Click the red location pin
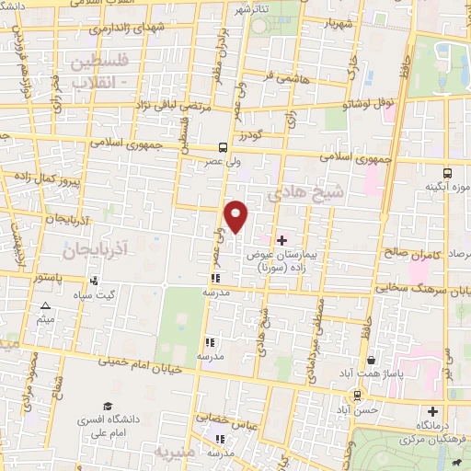(x=236, y=216)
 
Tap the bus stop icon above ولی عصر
(x=224, y=147)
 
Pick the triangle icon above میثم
(x=44, y=305)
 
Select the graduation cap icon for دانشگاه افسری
(x=107, y=407)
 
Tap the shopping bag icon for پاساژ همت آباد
(x=371, y=361)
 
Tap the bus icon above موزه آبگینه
(x=447, y=172)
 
